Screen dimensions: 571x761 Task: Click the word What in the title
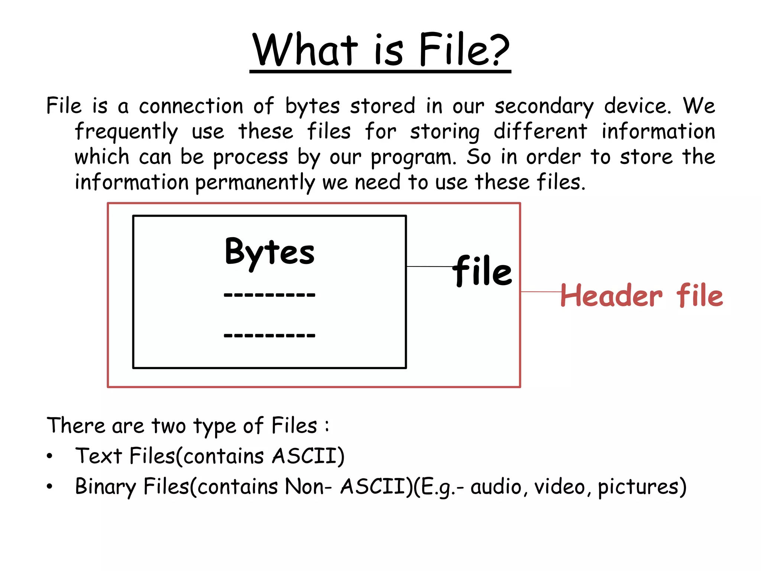coord(305,50)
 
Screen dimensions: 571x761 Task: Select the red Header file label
coord(642,296)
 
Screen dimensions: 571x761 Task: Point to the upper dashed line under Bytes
coord(269,295)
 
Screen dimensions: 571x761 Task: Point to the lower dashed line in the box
coord(269,335)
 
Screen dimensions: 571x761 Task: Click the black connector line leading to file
coord(429,267)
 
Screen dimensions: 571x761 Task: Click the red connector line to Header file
coord(541,292)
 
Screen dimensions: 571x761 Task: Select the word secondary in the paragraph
coord(544,107)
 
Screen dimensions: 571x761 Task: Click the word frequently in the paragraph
coord(126,132)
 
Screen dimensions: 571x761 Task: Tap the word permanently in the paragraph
coord(255,183)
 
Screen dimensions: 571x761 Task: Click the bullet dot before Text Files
coord(50,457)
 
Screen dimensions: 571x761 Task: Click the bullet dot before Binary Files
coord(50,487)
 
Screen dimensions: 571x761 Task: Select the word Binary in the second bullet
coord(106,487)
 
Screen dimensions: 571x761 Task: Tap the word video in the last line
coord(560,487)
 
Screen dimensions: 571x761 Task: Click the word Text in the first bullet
coord(98,456)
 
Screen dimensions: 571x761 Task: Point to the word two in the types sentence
coord(169,426)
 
